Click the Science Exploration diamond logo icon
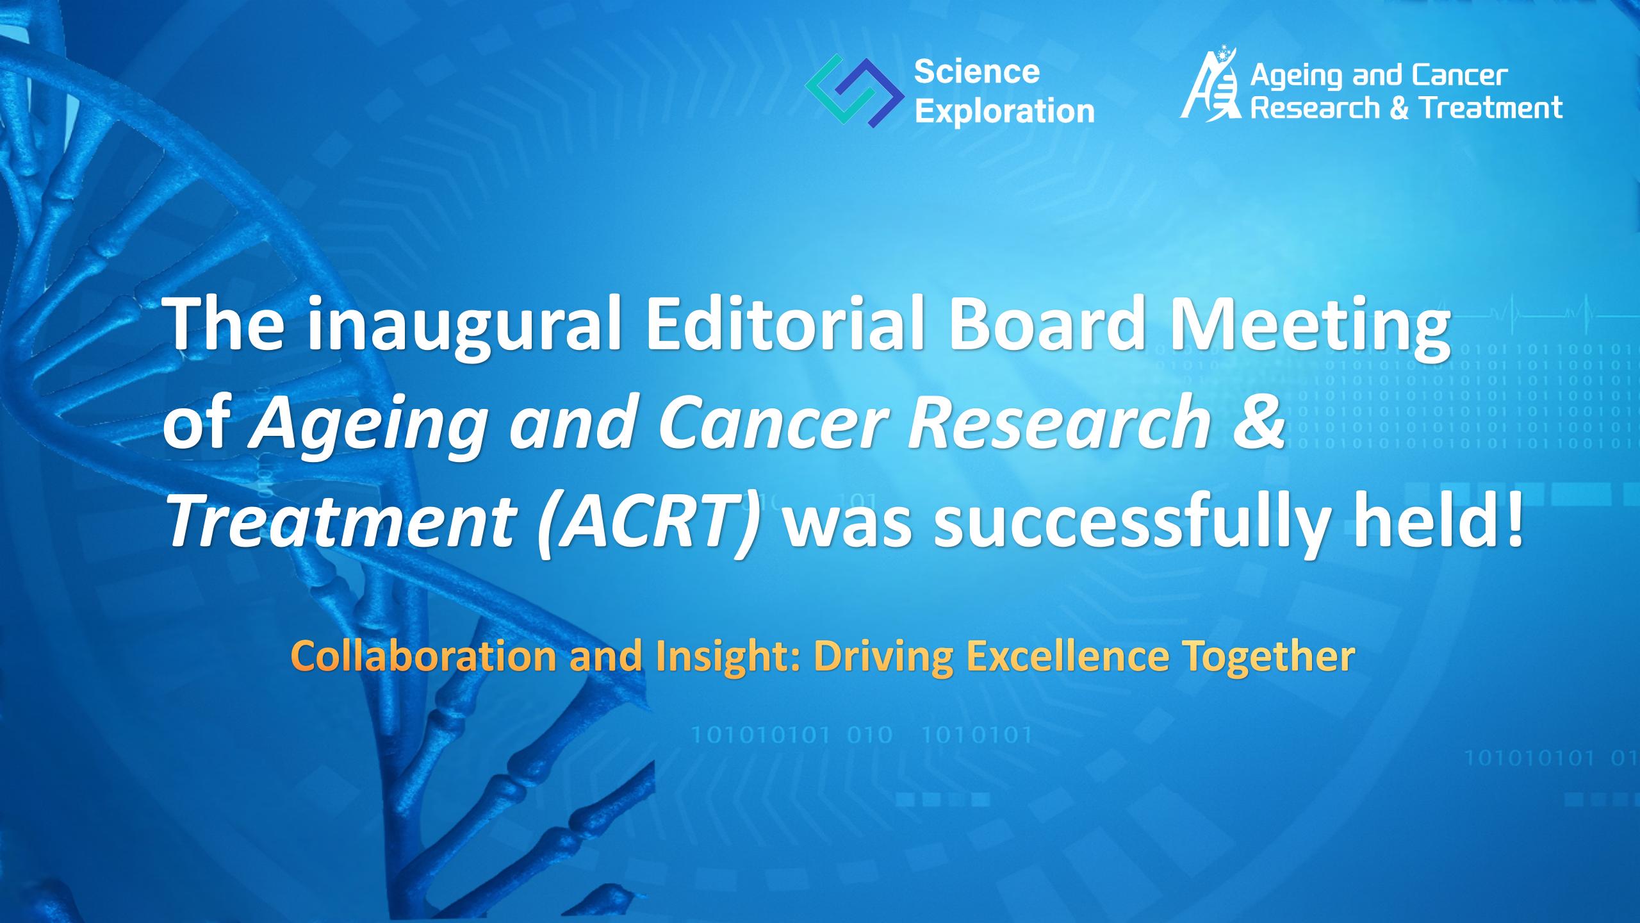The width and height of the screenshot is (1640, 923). pyautogui.click(x=849, y=91)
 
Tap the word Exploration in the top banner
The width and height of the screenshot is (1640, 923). pyautogui.click(x=1004, y=112)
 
